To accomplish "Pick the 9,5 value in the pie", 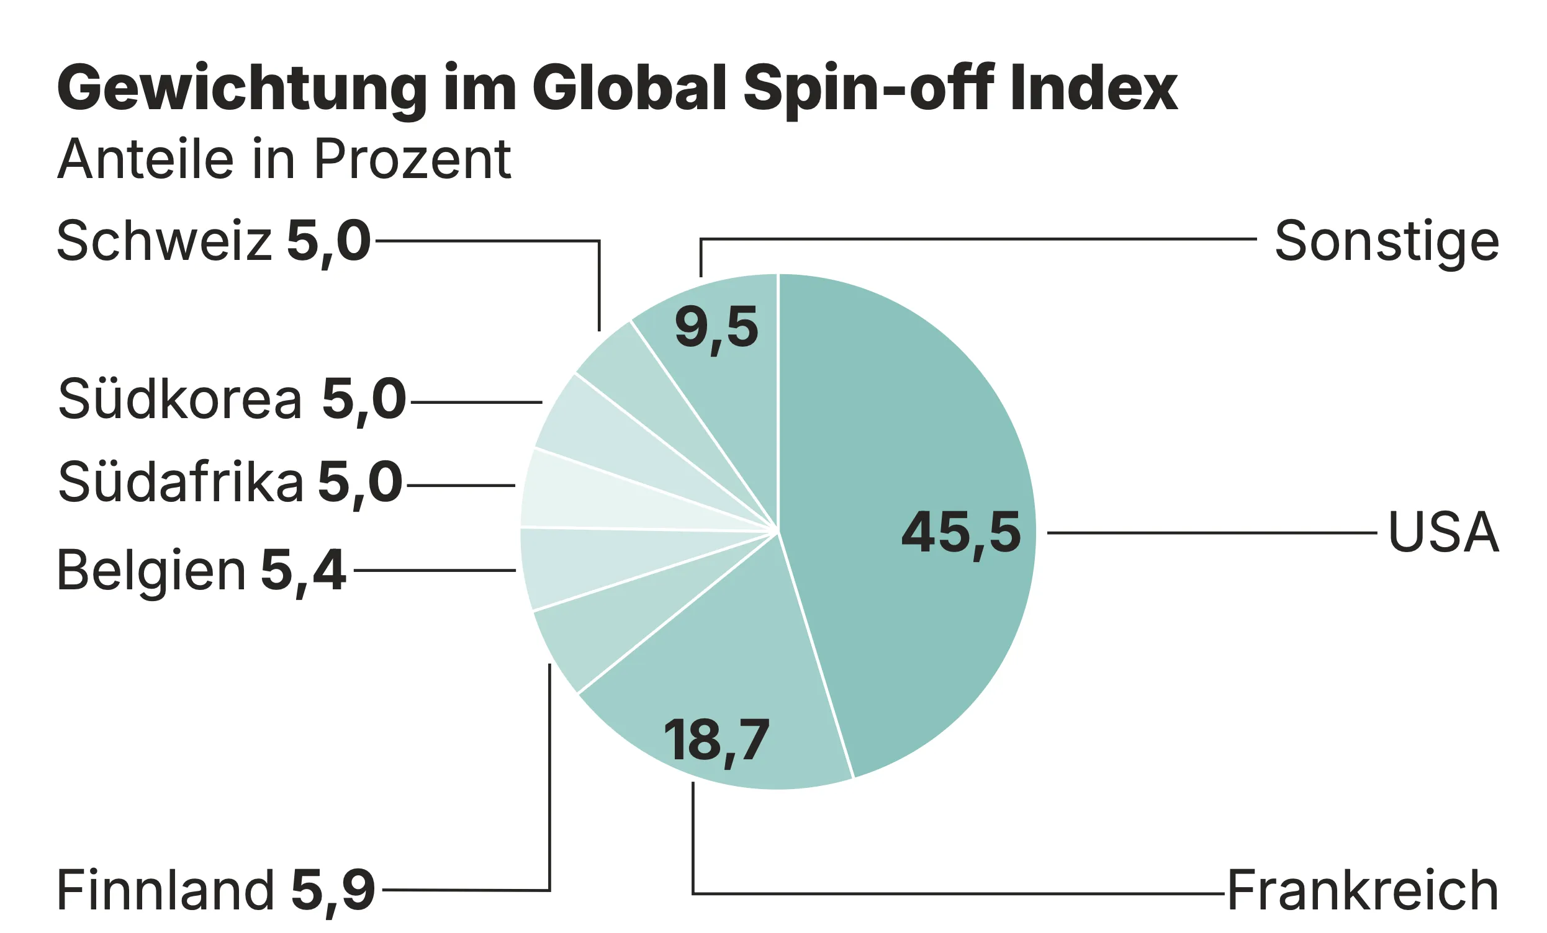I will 716,328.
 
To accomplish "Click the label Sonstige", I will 1386,241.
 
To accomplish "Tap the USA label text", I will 1443,533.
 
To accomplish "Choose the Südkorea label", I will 180,400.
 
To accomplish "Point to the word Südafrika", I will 181,483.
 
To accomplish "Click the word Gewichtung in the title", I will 241,88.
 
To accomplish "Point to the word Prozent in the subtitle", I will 412,159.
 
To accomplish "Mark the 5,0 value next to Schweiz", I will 328,241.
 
